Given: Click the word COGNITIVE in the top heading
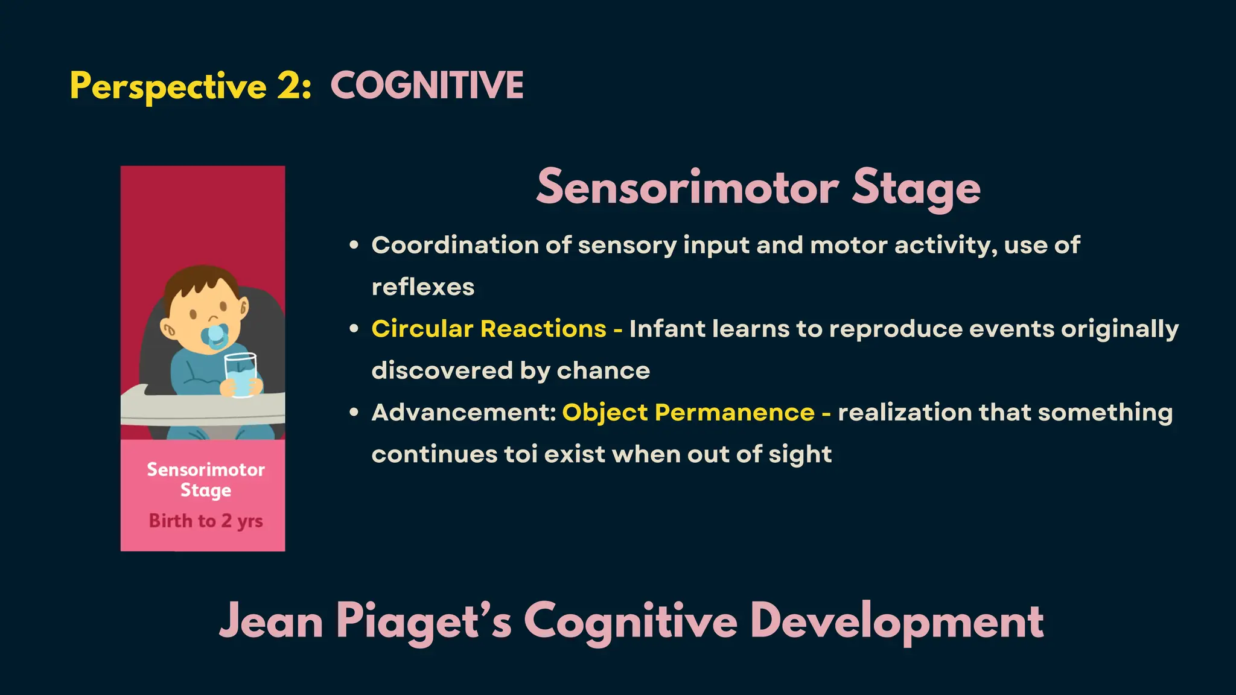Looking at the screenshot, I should click(x=427, y=85).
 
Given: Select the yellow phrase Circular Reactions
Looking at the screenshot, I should click(x=489, y=329).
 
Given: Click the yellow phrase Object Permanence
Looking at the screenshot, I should click(x=688, y=413).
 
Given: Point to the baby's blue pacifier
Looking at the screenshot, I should click(x=216, y=336).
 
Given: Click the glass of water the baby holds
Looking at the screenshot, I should click(x=241, y=375).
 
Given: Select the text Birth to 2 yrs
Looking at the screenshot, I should click(x=206, y=521).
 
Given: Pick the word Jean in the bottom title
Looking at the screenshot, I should click(x=271, y=621).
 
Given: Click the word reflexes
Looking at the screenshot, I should click(x=423, y=287).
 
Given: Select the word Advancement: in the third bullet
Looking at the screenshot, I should click(x=463, y=413).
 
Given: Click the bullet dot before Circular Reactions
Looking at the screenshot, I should click(x=354, y=329).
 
